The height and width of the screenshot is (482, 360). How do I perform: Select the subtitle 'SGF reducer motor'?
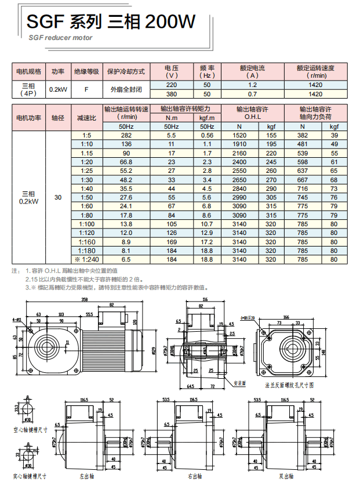tap(60, 37)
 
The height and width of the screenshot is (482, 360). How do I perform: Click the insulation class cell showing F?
tap(86, 89)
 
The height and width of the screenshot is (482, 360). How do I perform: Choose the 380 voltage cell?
tap(172, 94)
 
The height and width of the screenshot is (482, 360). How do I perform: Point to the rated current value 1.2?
tap(252, 85)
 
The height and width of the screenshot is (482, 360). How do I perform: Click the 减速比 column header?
tap(86, 117)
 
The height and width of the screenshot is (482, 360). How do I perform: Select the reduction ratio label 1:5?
tap(87, 135)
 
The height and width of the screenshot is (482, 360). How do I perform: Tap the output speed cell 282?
tap(126, 135)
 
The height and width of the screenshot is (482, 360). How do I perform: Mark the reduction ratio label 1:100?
tap(87, 224)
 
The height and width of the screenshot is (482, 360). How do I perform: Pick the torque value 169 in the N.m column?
tap(172, 241)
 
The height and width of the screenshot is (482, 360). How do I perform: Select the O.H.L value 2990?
tap(239, 197)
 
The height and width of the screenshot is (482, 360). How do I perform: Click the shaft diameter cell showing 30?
tap(58, 197)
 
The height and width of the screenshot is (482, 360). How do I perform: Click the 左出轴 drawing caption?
tap(86, 476)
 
